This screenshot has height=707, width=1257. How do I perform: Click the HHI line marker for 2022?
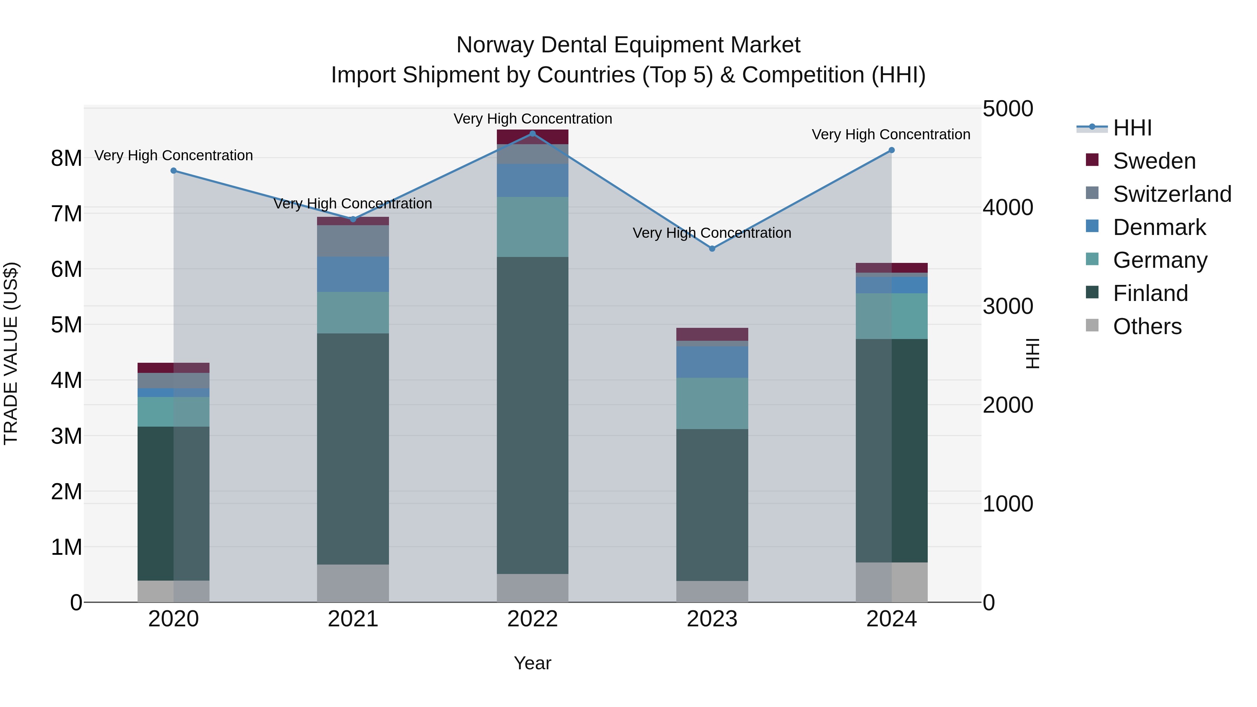tap(532, 134)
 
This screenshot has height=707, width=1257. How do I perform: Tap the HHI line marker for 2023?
tap(712, 249)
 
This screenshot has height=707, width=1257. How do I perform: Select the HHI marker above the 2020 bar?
tap(174, 171)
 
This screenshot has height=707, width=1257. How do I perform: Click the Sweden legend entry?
tap(1154, 161)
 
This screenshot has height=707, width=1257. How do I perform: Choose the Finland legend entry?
tap(1150, 293)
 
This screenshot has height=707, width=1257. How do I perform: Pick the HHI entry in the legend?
tap(1132, 128)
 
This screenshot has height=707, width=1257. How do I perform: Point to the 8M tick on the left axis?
tap(66, 158)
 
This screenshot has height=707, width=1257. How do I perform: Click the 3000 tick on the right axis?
tap(1008, 307)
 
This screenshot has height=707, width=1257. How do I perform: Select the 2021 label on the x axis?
tap(353, 619)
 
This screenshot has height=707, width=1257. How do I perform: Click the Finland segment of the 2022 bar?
tap(532, 415)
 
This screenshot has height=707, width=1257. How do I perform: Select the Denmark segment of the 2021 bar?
tap(353, 274)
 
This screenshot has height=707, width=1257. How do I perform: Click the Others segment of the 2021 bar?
tap(353, 583)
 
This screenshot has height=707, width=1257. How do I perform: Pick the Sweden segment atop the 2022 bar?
tap(532, 137)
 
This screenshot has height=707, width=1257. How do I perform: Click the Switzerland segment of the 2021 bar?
tap(353, 241)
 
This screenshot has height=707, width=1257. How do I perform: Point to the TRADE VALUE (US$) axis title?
tap(11, 353)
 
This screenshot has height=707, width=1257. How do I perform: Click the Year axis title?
tap(532, 663)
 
